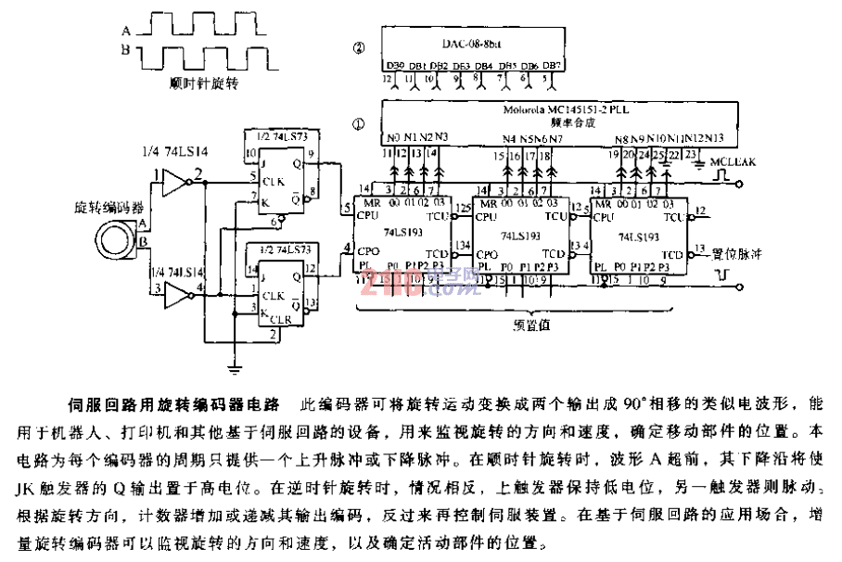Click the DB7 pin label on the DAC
click(x=552, y=66)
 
